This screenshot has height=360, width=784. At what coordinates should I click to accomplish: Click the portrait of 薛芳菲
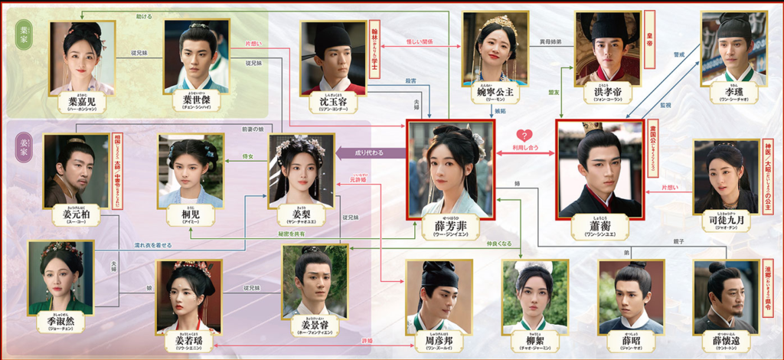(451, 169)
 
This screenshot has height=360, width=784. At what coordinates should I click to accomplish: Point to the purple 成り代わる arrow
(371, 152)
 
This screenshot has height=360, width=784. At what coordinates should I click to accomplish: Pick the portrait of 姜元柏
(76, 170)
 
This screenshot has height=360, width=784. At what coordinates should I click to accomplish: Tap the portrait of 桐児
(190, 170)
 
